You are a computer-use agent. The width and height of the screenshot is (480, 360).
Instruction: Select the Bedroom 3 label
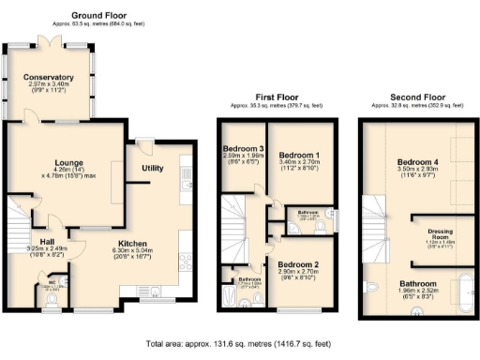242,150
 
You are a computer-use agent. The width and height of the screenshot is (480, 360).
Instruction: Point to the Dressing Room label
441,232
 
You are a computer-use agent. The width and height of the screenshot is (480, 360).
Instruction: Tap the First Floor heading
277,97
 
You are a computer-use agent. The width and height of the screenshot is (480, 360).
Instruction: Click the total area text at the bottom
240,344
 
